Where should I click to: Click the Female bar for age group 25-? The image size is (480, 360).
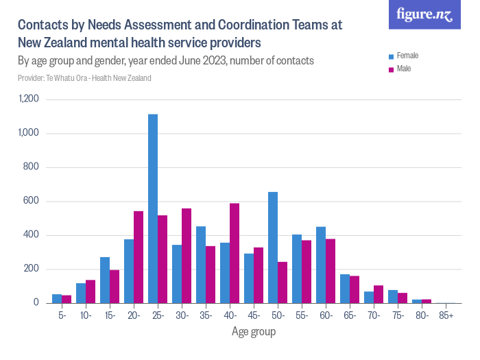point(153,208)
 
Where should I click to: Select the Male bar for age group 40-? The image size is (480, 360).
point(235,253)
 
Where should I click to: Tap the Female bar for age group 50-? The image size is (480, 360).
point(273,248)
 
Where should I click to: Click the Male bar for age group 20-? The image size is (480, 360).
point(139,257)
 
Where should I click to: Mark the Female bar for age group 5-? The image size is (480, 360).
point(57,298)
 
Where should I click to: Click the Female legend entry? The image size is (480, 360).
point(407,55)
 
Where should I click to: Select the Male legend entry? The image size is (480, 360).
point(404,69)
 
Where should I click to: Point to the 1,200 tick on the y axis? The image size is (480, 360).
point(28,99)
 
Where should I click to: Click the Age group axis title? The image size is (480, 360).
point(253,332)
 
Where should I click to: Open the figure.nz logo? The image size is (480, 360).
point(424,15)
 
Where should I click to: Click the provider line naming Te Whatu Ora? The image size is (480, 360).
point(84,78)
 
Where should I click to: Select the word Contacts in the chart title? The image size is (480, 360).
point(42,25)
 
